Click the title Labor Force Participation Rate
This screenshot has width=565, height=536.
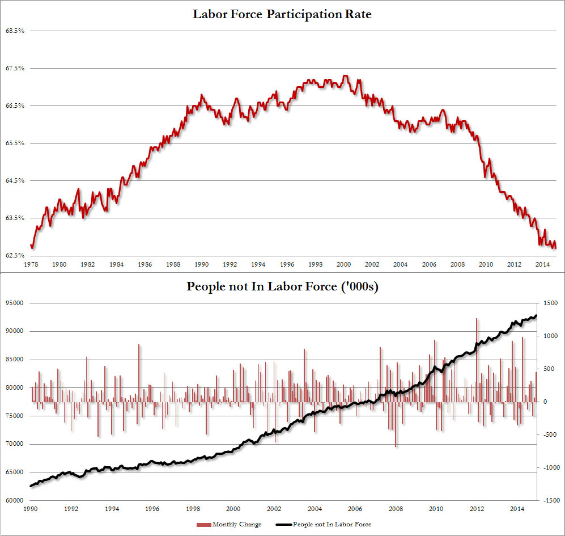pyautogui.click(x=282, y=14)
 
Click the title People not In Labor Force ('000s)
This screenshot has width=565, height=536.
pyautogui.click(x=282, y=287)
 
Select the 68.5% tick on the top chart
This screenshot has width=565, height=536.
pyautogui.click(x=15, y=31)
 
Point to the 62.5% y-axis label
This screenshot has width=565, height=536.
pyautogui.click(x=15, y=255)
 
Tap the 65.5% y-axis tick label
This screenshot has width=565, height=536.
pyautogui.click(x=15, y=143)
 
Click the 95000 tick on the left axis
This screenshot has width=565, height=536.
pyautogui.click(x=15, y=303)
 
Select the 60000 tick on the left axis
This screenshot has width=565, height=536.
pyautogui.click(x=15, y=501)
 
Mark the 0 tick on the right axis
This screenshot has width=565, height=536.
pyautogui.click(x=545, y=402)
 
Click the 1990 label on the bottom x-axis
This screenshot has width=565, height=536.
pyautogui.click(x=32, y=510)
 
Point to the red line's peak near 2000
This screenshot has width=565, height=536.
pyautogui.click(x=345, y=76)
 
